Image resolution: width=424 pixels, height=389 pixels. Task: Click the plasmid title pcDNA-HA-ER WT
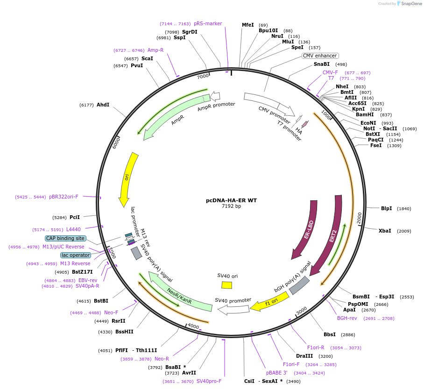click(x=231, y=200)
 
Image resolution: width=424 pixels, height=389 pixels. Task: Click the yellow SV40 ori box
click(x=226, y=285)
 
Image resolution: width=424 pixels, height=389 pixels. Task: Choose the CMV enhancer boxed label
click(x=320, y=56)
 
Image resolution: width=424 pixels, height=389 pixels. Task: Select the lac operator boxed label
click(x=76, y=255)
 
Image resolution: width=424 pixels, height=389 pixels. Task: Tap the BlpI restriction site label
click(x=386, y=208)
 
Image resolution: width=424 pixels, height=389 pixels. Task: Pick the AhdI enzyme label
click(x=103, y=105)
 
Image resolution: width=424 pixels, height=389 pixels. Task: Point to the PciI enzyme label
click(x=74, y=217)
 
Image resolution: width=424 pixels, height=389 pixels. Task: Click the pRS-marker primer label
click(x=208, y=23)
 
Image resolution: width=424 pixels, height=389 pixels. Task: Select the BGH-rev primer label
click(x=347, y=318)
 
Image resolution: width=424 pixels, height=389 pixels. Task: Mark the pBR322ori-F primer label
click(x=64, y=197)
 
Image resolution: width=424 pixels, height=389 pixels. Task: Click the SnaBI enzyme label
click(x=321, y=64)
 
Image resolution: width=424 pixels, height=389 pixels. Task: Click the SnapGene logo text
click(x=410, y=3)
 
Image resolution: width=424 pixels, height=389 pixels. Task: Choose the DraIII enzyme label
click(x=305, y=356)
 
